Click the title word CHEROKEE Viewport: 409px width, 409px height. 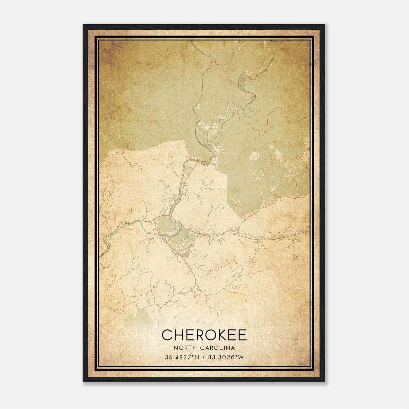[x=204, y=335]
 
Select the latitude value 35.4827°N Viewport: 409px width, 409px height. [x=181, y=357]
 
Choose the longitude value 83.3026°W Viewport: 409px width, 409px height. [x=226, y=357]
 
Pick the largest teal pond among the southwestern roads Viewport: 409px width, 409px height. [x=153, y=287]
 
